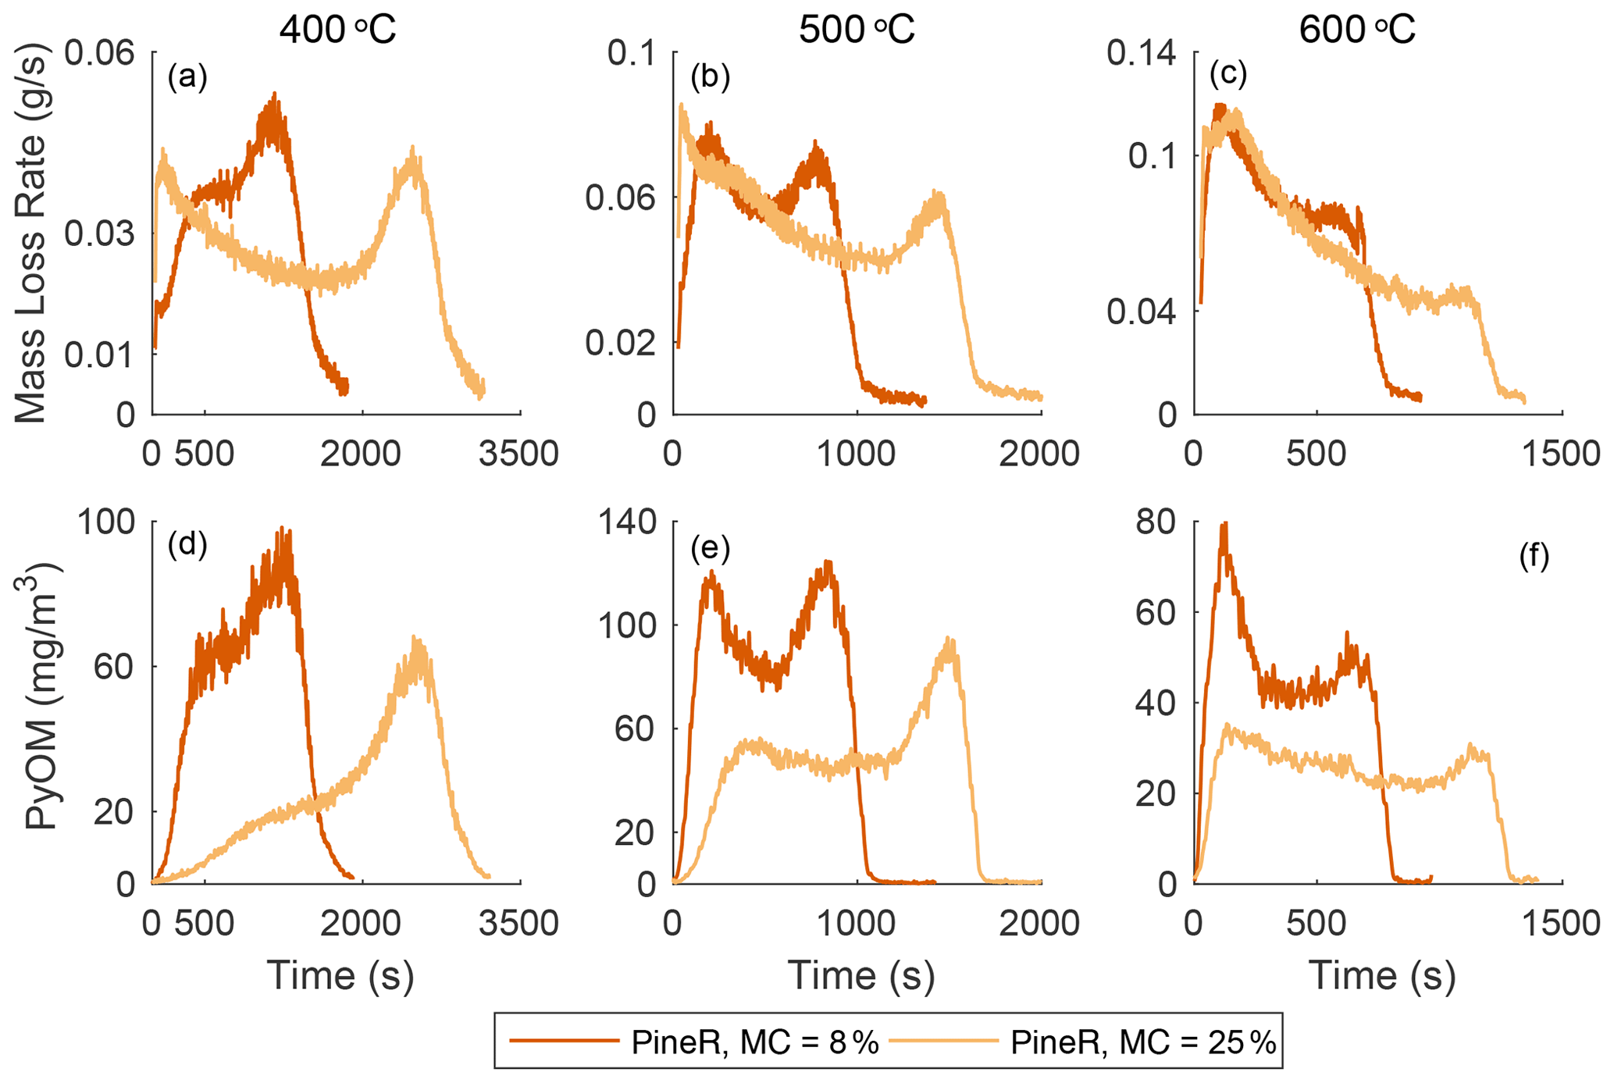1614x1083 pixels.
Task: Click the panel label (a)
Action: [x=187, y=77]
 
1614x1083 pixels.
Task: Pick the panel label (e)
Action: [x=710, y=549]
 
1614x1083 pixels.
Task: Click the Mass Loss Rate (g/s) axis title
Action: [x=32, y=234]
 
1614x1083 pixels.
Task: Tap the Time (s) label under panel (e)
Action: [x=860, y=975]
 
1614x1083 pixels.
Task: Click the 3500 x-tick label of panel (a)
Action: [x=519, y=454]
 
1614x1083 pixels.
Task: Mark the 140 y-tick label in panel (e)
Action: [x=627, y=522]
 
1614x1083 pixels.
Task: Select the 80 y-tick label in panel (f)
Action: [x=1156, y=522]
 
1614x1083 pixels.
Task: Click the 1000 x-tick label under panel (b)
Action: [x=857, y=454]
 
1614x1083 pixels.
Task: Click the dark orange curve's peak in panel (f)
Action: [x=1225, y=525]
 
